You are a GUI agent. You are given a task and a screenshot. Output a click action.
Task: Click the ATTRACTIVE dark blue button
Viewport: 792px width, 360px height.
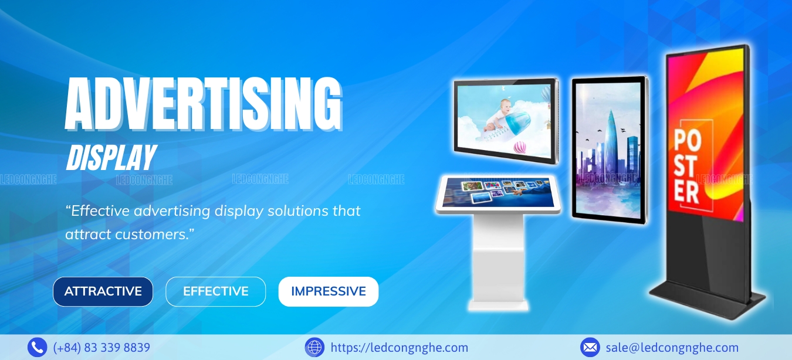tap(103, 291)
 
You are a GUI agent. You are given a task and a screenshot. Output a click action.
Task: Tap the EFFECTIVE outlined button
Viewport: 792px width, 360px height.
tap(216, 291)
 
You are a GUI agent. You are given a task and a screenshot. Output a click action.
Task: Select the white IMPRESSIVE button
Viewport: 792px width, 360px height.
tap(329, 291)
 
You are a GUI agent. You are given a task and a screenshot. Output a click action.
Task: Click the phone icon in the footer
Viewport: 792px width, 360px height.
tap(37, 347)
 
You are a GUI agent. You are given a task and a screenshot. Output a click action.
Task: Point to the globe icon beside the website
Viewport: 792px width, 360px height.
tap(314, 347)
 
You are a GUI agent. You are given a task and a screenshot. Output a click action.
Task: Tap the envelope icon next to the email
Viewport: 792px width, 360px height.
tap(590, 347)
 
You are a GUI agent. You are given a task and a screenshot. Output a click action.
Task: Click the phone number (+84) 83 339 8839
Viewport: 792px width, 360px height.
tap(101, 348)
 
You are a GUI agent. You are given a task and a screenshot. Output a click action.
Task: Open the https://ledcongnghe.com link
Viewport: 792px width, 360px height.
tap(399, 348)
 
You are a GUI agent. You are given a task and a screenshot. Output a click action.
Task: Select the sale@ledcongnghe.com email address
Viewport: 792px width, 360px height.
tap(672, 348)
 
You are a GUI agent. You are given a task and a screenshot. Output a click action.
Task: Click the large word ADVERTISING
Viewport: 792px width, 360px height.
tap(204, 104)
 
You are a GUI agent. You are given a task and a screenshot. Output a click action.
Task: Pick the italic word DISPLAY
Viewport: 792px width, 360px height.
tap(111, 158)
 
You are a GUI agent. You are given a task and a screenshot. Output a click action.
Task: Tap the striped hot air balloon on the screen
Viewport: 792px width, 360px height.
tap(520, 147)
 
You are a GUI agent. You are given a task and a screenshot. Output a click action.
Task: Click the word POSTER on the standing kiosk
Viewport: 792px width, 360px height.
tap(688, 166)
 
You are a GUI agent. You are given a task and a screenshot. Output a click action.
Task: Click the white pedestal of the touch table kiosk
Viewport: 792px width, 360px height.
tap(498, 262)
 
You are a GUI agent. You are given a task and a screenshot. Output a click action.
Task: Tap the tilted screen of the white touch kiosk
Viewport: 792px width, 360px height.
tap(499, 193)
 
